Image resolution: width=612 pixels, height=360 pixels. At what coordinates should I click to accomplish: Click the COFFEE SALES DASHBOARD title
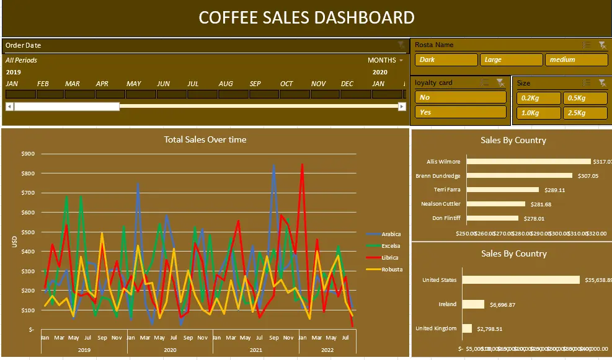point(306,17)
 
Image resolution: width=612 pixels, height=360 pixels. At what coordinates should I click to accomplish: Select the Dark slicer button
point(445,60)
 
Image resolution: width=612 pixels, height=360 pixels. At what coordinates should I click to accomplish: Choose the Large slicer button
point(511,60)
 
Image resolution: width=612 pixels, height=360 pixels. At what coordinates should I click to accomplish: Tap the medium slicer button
point(576,60)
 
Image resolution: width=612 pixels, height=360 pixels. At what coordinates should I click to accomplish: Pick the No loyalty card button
point(460,97)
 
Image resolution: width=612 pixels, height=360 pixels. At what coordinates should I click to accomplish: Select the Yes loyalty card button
point(460,112)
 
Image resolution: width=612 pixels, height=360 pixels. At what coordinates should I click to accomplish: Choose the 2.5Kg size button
point(585,113)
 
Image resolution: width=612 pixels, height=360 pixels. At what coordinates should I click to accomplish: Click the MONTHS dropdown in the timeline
point(385,60)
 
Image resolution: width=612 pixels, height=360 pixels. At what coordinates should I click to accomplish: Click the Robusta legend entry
point(391,270)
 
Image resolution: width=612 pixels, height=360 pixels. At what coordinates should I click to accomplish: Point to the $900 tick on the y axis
point(28,154)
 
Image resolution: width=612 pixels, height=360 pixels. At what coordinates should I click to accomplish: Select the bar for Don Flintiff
point(492,218)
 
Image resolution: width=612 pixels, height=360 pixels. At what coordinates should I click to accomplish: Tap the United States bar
point(523,280)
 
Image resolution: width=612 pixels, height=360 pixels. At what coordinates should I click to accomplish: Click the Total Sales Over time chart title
point(205,139)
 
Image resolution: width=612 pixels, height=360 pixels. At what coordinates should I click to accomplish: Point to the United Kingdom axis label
point(435,328)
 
